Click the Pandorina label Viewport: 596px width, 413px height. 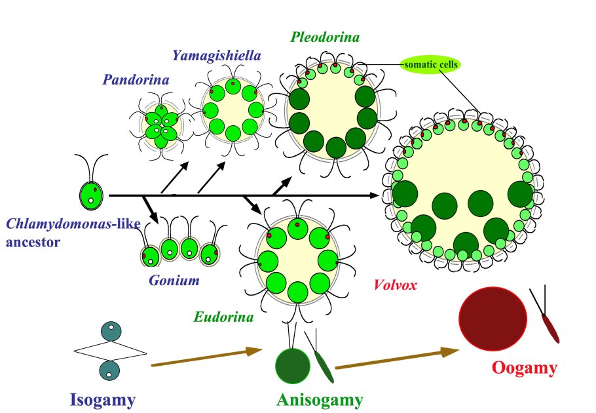[x=136, y=81]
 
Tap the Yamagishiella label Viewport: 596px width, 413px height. [x=217, y=55]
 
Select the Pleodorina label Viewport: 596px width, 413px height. [x=325, y=37]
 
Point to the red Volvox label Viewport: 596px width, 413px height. [x=395, y=285]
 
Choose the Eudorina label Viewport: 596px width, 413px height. [x=223, y=317]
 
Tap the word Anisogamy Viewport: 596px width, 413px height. [x=320, y=399]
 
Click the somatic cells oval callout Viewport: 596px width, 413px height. [x=430, y=64]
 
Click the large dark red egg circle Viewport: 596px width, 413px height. [x=493, y=319]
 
